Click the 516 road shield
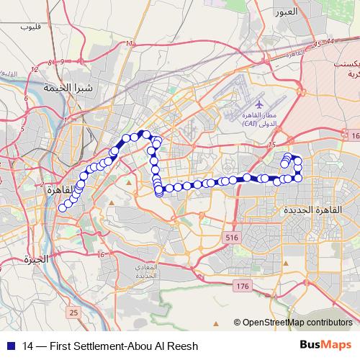[x=231, y=237]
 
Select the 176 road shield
[x=243, y=287]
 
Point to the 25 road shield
[x=74, y=312]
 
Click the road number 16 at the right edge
[x=354, y=135]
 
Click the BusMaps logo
[x=326, y=344]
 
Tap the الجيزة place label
[x=35, y=258]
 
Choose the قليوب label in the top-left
[x=31, y=27]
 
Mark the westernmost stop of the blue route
[x=63, y=207]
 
